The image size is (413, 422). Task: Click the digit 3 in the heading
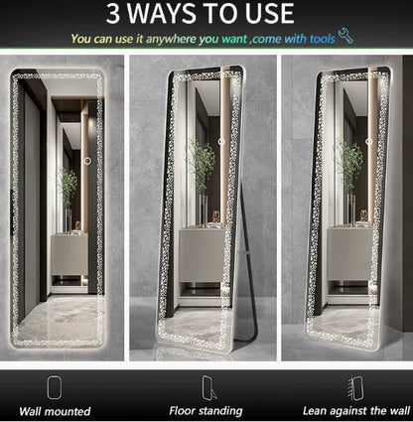point(112,13)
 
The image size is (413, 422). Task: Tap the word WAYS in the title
point(161,13)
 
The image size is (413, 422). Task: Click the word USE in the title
point(269,13)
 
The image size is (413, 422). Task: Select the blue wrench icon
point(345,36)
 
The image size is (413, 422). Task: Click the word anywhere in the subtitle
point(172,40)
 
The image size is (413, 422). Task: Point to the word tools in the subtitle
point(323,40)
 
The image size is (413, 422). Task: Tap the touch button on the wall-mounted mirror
point(87,161)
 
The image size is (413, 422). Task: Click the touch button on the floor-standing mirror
point(221,141)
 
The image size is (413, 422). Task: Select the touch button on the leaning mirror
point(369,141)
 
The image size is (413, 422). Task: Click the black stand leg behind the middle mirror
point(249,265)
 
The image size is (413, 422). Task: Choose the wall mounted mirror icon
point(54,387)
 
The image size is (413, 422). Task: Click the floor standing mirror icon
point(209,388)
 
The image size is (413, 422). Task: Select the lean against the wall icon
point(355,387)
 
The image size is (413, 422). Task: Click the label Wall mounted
point(55,411)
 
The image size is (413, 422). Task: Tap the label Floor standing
point(206,411)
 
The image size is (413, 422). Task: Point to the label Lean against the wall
point(356,411)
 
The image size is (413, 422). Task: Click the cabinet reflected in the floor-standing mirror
point(203,254)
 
